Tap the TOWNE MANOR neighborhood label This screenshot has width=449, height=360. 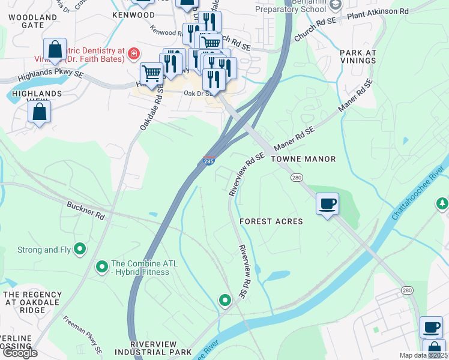(303, 159)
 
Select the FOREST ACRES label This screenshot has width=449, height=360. (271, 221)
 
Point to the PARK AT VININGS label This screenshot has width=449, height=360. (358, 56)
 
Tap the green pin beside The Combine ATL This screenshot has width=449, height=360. (101, 265)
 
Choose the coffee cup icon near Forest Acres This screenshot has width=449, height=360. (328, 203)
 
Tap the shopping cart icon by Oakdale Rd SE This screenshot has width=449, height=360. (151, 74)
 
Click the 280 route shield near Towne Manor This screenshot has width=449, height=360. (297, 178)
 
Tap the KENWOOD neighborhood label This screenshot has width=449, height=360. (133, 14)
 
